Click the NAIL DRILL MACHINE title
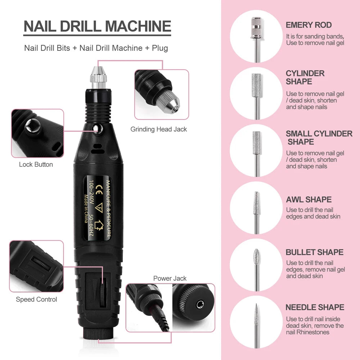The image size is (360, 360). (97, 27)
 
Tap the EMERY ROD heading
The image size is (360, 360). (309, 25)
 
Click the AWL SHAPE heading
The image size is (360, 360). (309, 200)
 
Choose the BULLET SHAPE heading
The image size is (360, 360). (314, 252)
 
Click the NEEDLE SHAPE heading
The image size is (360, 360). (315, 307)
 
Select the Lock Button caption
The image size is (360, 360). (36, 165)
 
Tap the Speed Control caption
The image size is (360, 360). (36, 300)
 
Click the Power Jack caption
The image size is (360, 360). (170, 278)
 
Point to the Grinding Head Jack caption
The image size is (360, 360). (159, 129)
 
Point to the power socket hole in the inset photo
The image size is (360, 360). (198, 305)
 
